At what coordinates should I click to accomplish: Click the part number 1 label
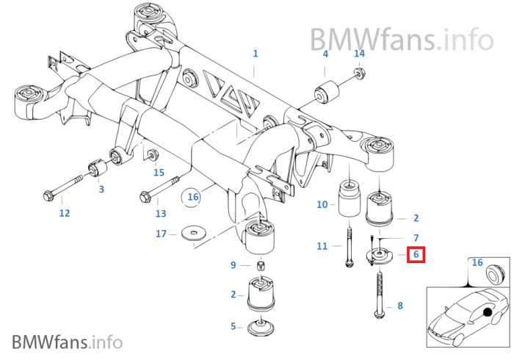click(256, 54)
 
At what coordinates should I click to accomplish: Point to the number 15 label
click(159, 173)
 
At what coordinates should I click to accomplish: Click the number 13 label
click(161, 214)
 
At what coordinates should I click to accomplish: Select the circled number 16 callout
click(193, 196)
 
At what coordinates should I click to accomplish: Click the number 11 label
click(322, 246)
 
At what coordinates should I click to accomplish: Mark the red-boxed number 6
click(416, 255)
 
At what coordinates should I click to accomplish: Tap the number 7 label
click(416, 238)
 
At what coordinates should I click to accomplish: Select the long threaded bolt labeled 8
click(380, 294)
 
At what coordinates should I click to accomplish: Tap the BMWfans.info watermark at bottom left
click(67, 342)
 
